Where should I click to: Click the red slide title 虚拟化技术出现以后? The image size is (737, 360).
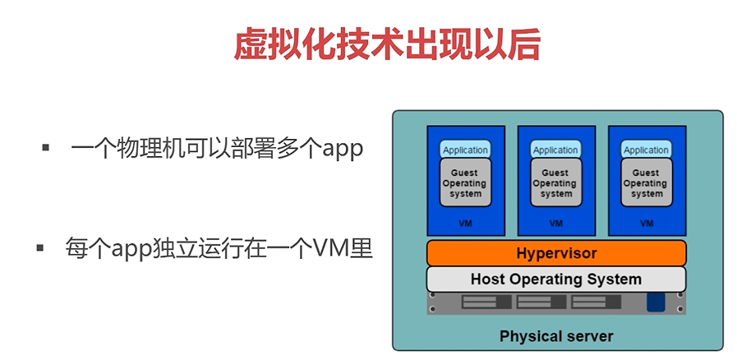coord(388,44)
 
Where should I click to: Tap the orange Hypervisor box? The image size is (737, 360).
coord(556,253)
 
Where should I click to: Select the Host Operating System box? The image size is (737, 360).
coord(556,279)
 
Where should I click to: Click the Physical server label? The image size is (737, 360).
coord(556,336)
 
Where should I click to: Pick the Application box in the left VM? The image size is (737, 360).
coord(465,150)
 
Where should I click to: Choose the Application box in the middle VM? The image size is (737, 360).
coord(555,150)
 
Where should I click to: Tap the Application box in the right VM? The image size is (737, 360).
coord(646,150)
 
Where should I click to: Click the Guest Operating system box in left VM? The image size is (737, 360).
coord(465,182)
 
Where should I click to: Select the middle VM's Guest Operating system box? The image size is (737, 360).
coord(555,182)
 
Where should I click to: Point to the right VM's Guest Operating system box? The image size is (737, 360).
coord(647,182)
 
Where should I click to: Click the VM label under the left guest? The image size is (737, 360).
coord(465,223)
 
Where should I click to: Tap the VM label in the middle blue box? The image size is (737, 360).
coord(555,223)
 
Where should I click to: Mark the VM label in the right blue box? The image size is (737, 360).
coord(647,223)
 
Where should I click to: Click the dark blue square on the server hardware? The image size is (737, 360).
coord(655,302)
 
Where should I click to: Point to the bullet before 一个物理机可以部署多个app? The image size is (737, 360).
coord(46,149)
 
